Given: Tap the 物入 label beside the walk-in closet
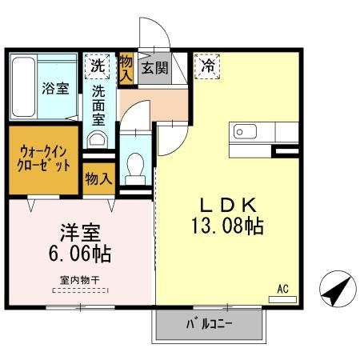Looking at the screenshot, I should pyautogui.click(x=98, y=178).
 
